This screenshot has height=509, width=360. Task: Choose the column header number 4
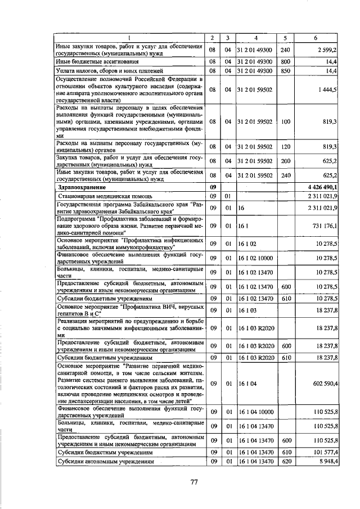[255, 38]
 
